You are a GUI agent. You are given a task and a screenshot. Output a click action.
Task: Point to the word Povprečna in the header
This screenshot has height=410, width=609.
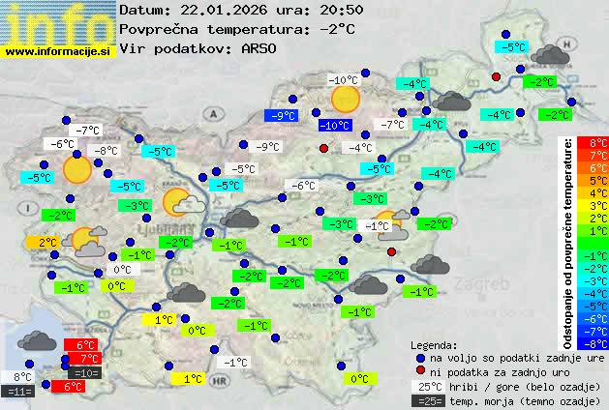click(159, 29)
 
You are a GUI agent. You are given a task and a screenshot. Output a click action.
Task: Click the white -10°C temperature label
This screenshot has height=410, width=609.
click(343, 80)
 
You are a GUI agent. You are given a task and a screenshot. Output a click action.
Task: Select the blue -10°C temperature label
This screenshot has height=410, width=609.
click(335, 126)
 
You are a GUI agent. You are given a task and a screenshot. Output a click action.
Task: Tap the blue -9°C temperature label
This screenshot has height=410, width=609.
click(282, 116)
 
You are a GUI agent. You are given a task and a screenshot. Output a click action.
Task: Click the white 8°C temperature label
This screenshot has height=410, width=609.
click(22, 377)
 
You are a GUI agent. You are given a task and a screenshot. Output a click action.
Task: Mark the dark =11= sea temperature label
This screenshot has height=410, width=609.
click(18, 392)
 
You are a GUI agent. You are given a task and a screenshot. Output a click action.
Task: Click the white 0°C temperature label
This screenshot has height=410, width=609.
click(121, 271)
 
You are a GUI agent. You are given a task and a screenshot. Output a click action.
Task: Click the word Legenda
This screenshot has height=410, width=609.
click(434, 344)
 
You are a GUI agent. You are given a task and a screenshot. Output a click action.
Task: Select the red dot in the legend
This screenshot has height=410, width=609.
click(420, 371)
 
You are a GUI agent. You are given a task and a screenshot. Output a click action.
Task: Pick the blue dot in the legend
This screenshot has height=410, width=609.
click(420, 357)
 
